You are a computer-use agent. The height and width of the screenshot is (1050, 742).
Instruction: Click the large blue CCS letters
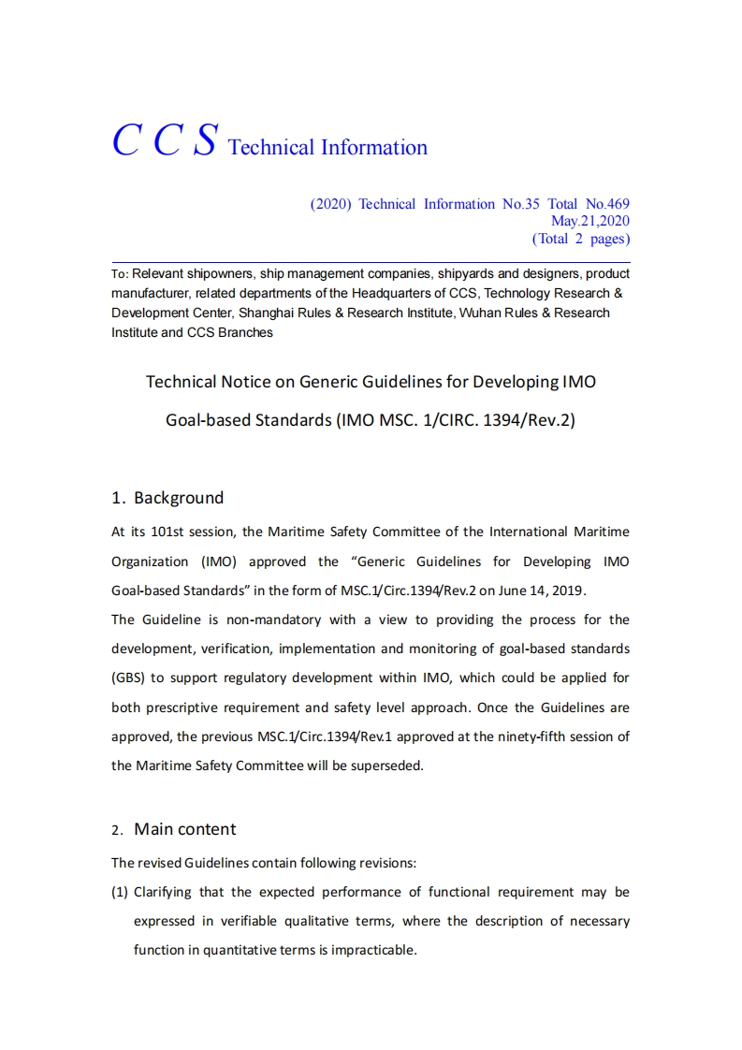coord(165,140)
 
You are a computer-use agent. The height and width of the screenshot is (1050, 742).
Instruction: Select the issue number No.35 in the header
coord(521,204)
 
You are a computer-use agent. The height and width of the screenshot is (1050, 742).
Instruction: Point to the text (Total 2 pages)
coord(580,239)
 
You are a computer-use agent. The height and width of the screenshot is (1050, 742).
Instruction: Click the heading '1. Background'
coord(167,498)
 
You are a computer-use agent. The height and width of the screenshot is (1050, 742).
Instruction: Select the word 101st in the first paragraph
coord(164,532)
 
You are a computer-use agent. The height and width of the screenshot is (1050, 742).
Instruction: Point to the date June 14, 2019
coord(543,591)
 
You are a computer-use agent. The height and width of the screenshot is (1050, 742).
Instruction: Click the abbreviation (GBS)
coord(127,678)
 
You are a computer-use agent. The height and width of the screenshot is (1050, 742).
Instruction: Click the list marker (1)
coord(120,892)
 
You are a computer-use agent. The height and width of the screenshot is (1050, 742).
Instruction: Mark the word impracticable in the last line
coord(372,950)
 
